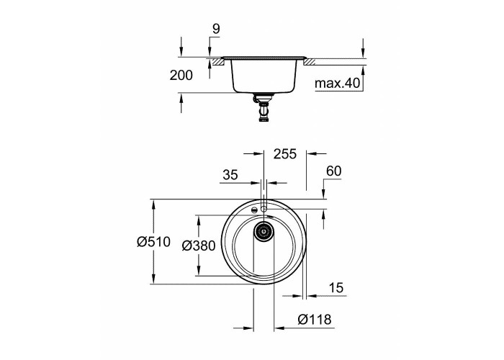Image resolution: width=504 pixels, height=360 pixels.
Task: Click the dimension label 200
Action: coord(181,75)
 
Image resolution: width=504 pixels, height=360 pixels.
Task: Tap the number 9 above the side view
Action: coord(216,29)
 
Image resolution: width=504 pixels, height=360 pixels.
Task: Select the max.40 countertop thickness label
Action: coord(337,84)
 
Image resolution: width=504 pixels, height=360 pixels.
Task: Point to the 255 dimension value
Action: coord(285,154)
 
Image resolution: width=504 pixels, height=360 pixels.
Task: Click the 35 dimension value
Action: coord(230,175)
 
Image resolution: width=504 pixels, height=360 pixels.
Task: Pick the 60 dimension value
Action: coord(333,171)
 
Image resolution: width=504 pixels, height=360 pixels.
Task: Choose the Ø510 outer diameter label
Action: coord(153,241)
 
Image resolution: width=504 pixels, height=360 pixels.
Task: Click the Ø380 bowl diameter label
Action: coord(198,246)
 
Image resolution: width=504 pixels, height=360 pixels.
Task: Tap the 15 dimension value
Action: coord(336,288)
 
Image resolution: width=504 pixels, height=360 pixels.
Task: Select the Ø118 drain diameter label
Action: coord(314,320)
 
